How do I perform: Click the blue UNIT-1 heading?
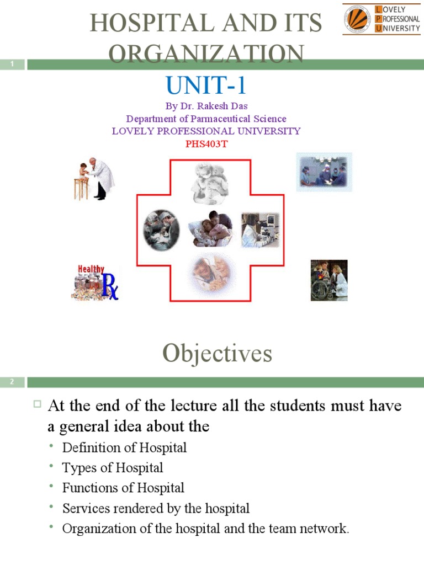[205, 86]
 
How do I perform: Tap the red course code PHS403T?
[206, 145]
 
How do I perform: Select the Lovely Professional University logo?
[381, 19]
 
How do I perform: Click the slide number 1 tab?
[12, 65]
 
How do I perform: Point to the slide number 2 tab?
[12, 382]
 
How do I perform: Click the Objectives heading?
[217, 354]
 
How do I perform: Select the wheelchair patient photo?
[329, 280]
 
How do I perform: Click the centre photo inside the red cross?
[210, 229]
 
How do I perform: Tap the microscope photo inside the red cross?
[261, 230]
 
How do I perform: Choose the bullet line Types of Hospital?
[113, 468]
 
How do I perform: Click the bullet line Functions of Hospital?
[123, 488]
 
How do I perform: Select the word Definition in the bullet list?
[88, 447]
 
